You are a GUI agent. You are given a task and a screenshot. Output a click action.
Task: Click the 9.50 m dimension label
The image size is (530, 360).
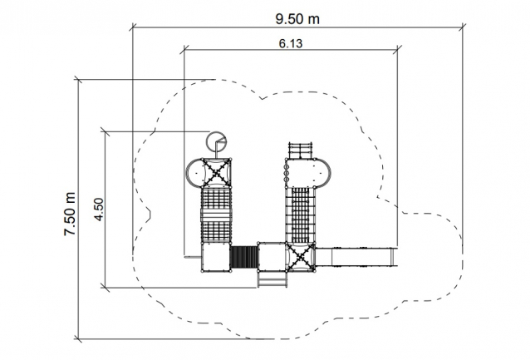point(297,19)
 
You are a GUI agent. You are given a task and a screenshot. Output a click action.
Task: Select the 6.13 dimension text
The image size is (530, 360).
point(291,43)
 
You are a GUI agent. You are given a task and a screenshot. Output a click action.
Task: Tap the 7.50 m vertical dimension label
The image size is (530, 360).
point(71,215)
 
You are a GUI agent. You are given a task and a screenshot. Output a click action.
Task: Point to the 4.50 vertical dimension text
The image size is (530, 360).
point(99,210)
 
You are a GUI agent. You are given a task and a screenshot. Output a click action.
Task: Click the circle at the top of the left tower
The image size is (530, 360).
point(216,141)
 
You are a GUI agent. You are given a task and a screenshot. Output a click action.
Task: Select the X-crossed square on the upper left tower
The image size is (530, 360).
point(216,173)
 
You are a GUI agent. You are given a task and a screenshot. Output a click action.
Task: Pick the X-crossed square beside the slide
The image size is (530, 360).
point(300,257)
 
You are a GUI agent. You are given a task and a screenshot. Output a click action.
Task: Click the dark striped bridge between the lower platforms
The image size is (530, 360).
point(244,257)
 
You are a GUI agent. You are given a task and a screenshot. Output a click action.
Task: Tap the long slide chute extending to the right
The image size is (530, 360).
point(356,257)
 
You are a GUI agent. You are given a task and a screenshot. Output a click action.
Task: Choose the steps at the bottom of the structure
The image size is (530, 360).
point(272,279)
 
